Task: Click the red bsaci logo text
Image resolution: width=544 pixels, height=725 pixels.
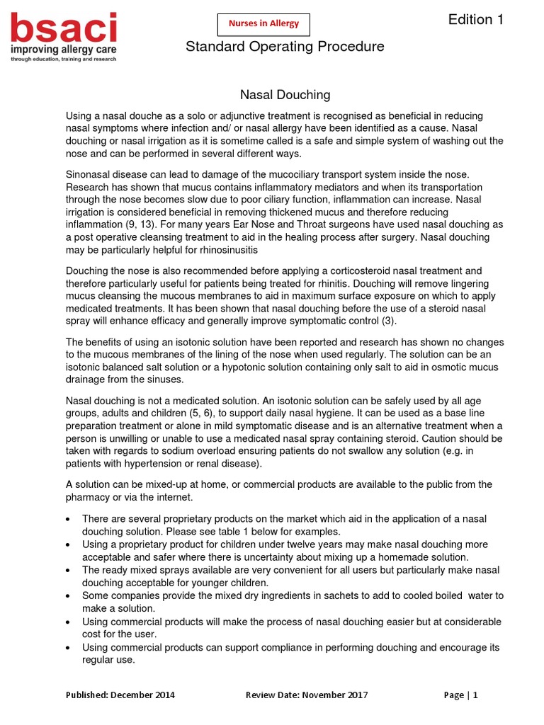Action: point(63,29)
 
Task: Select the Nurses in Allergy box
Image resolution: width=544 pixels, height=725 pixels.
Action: point(263,23)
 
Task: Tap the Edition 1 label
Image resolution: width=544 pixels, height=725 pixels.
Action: point(476,20)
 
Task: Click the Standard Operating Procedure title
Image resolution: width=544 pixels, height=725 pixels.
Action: point(285,47)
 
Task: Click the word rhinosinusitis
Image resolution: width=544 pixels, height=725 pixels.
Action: point(219,250)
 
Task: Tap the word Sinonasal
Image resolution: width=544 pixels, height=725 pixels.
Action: point(90,173)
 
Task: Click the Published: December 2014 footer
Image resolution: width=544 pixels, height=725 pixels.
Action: point(120,695)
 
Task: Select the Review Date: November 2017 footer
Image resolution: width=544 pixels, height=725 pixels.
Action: point(307,695)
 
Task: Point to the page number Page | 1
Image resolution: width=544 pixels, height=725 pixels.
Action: point(460,695)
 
